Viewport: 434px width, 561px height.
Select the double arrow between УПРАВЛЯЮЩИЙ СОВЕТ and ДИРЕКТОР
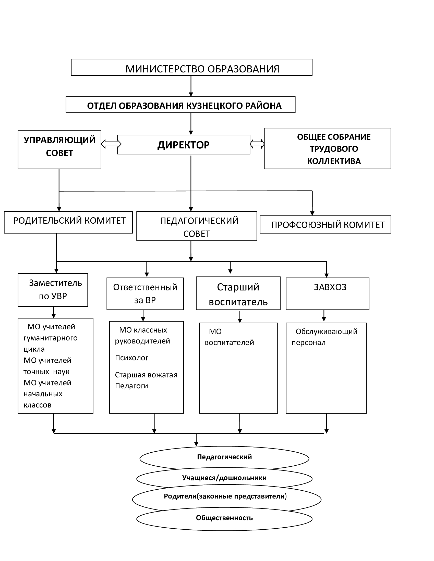click(x=111, y=144)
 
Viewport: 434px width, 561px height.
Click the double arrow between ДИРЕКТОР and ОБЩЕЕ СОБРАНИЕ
click(x=257, y=144)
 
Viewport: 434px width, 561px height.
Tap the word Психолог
click(x=132, y=358)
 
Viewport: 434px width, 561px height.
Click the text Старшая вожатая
click(x=146, y=375)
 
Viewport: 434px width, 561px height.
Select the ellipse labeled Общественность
click(x=224, y=518)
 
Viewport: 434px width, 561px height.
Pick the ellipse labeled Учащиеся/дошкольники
click(x=224, y=478)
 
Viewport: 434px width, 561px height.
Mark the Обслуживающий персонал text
click(x=324, y=337)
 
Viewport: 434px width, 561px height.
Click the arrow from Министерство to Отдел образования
click(x=191, y=86)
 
